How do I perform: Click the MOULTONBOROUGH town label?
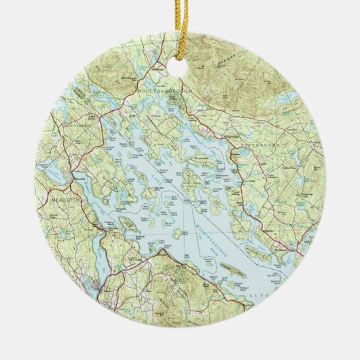(x=164, y=89)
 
